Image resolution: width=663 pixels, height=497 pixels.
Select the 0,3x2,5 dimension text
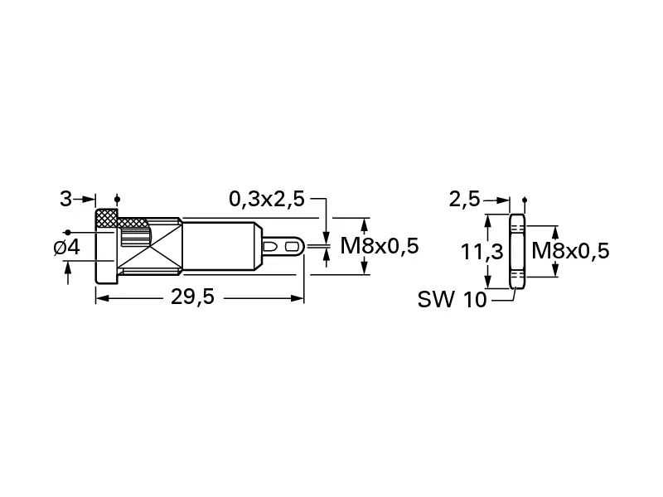coord(266,199)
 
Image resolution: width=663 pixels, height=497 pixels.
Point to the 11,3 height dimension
coord(482,250)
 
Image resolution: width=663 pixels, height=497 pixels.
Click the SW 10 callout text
coord(452,300)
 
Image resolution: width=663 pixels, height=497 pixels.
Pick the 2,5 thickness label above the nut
coord(464,199)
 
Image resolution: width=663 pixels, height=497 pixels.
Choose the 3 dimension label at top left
coord(65,199)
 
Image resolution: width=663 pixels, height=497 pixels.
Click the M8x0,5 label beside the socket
coord(380,246)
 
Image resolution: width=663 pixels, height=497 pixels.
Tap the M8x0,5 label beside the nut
coord(570,250)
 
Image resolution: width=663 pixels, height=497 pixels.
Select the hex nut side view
coord(516,251)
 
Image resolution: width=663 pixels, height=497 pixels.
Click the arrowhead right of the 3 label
coord(90,199)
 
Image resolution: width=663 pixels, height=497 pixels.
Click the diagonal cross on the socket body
coord(151,246)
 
